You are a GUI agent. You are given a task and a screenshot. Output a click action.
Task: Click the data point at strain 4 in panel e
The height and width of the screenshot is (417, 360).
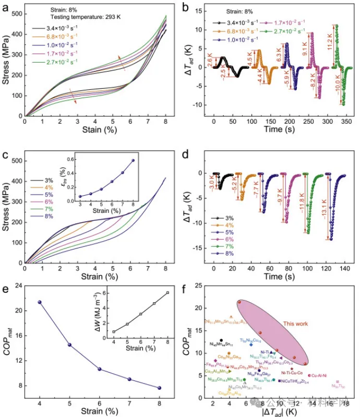40,302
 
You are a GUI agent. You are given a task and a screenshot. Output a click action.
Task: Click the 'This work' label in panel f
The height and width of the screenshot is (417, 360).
296,324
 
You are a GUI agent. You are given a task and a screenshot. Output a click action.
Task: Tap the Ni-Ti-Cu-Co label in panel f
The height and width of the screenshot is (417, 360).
292,373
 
